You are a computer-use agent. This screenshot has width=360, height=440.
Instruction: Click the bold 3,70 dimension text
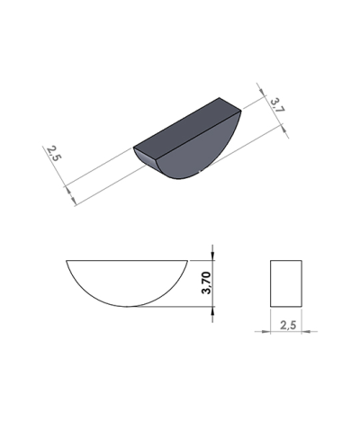(206, 283)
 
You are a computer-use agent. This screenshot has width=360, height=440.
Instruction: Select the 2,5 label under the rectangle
(289, 324)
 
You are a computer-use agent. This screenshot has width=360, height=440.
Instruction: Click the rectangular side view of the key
(286, 283)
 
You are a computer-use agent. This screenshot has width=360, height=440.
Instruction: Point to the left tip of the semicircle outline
(67, 261)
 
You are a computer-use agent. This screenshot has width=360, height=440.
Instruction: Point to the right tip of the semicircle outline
(188, 261)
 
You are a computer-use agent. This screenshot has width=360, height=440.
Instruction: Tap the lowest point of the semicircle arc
(128, 306)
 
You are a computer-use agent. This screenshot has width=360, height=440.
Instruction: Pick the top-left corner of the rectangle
(271, 261)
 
